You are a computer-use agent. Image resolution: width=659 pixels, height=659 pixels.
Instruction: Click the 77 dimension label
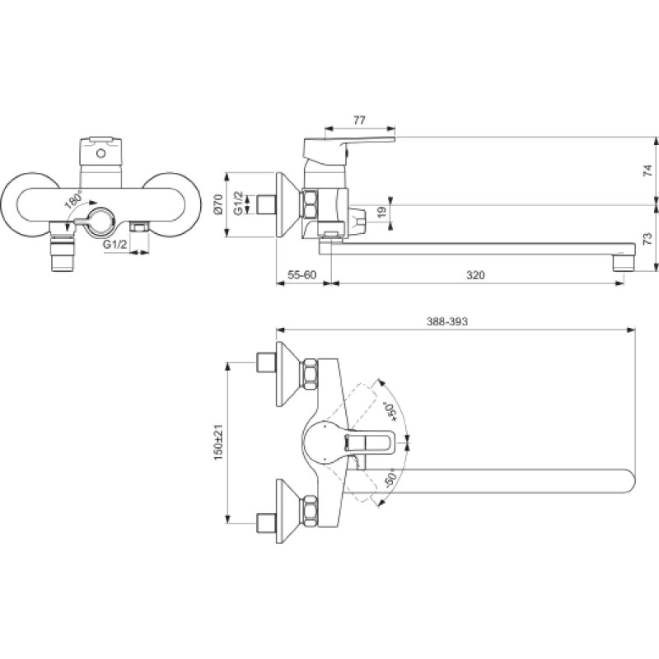pyautogui.click(x=358, y=120)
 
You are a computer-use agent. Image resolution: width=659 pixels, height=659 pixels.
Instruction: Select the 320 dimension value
pyautogui.click(x=475, y=275)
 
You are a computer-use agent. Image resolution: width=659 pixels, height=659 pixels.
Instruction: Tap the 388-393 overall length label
pyautogui.click(x=446, y=321)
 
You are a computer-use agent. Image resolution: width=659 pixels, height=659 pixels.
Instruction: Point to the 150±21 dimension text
pyautogui.click(x=219, y=442)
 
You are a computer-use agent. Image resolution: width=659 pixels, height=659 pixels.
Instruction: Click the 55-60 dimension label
pyautogui.click(x=301, y=275)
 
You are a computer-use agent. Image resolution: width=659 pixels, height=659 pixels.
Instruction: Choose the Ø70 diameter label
pyautogui.click(x=217, y=205)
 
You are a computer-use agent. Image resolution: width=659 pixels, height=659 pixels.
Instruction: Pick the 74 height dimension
pyautogui.click(x=647, y=171)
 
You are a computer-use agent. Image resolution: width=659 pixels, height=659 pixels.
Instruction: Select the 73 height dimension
pyautogui.click(x=647, y=238)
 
